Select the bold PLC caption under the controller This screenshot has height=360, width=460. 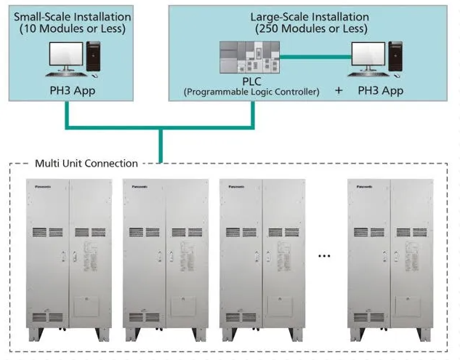click(x=250, y=81)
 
